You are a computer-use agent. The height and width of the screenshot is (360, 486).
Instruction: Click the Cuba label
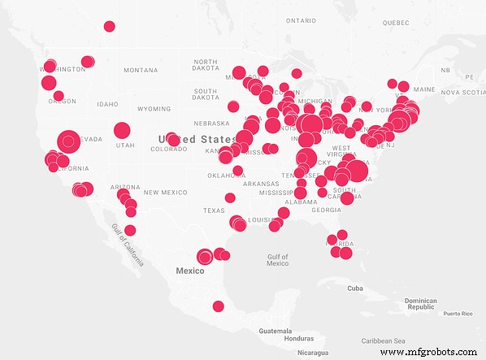(354, 288)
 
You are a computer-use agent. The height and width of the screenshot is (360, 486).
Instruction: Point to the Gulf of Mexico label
(278, 260)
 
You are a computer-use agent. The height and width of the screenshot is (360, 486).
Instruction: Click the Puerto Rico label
(458, 314)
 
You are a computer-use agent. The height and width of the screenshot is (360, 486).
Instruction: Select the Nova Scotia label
(462, 92)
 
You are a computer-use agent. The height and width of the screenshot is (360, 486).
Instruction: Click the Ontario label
(301, 20)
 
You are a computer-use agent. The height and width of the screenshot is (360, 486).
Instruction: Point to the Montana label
(141, 70)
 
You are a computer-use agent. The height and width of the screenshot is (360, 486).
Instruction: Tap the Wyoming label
(154, 108)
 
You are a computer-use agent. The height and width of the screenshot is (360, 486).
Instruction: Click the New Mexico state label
(165, 192)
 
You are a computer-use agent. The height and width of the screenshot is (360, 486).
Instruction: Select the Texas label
(214, 210)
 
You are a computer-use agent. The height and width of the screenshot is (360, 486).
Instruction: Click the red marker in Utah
(122, 130)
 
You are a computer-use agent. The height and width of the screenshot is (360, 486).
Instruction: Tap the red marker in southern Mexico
(218, 306)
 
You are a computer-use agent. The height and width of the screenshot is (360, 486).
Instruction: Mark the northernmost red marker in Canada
(109, 26)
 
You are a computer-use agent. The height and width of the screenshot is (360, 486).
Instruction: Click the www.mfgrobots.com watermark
(428, 352)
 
